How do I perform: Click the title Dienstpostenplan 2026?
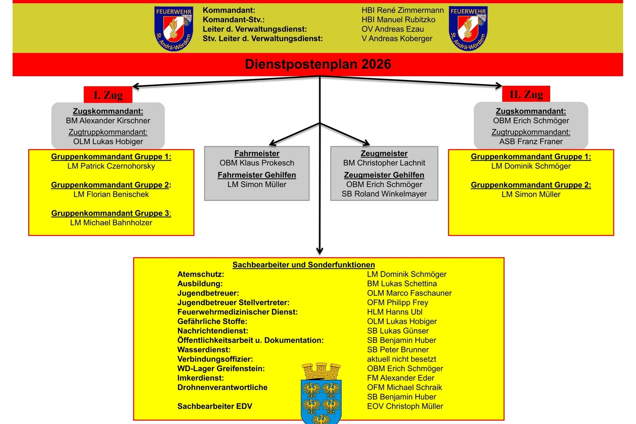pos(318,64)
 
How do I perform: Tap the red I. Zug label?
pos(108,95)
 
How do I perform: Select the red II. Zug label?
pos(526,94)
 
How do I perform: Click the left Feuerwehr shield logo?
pos(174,29)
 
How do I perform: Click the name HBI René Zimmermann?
pos(402,10)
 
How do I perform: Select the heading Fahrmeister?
pos(257,153)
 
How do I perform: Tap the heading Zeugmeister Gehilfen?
pos(384,175)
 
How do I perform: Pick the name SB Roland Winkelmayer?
pos(384,194)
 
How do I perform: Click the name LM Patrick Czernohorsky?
pos(111,166)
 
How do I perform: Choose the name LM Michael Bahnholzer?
pos(111,223)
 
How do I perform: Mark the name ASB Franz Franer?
pos(531,142)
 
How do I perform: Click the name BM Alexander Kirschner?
pos(108,121)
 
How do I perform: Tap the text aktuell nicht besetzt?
pos(401,359)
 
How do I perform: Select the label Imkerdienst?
pos(201,378)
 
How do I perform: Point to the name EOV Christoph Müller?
pos(405,406)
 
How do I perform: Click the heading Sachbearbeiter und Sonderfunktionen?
pos(303,265)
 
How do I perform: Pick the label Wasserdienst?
pos(204,350)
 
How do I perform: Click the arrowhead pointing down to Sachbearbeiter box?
pos(320,251)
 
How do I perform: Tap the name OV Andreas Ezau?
pos(393,29)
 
